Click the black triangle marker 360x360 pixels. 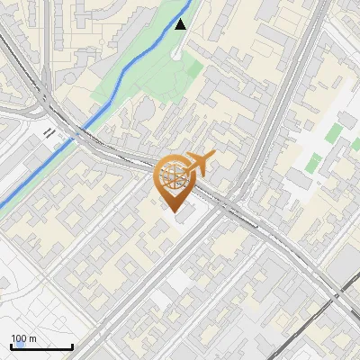(181, 24)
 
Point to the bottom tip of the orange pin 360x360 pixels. (175, 213)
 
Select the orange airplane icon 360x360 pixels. (200, 163)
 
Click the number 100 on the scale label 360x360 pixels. (18, 338)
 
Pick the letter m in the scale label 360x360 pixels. (32, 338)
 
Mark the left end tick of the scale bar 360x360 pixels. (11, 346)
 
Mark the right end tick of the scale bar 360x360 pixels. (72, 346)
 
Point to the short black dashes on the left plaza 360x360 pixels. (49, 133)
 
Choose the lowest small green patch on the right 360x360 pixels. (315, 165)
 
